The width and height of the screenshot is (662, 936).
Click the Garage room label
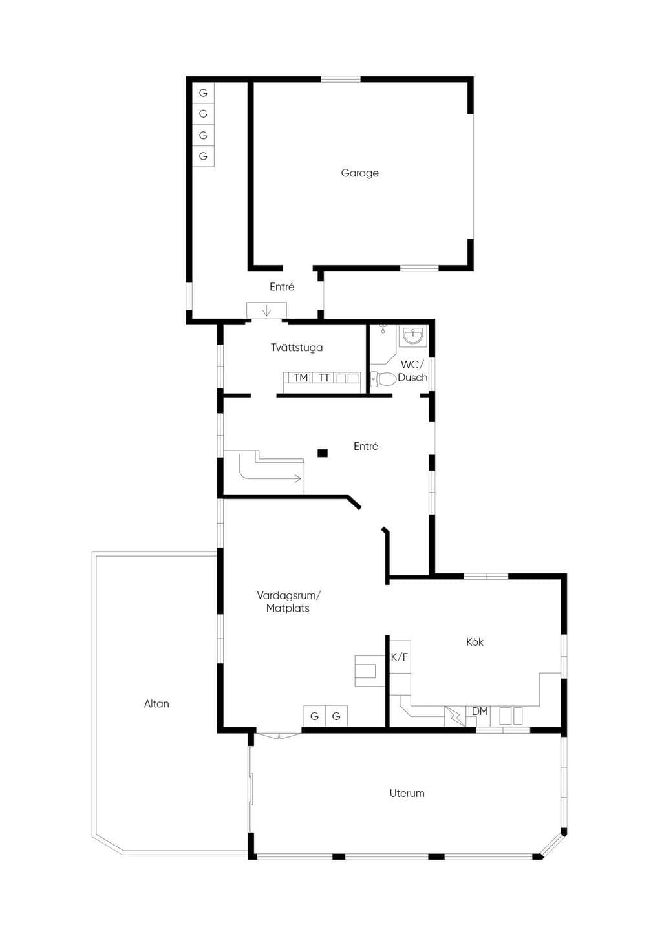pos(359,173)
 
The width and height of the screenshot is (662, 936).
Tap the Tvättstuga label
pos(297,347)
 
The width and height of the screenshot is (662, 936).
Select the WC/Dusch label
pos(412,370)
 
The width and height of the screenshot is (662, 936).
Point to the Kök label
pos(475,641)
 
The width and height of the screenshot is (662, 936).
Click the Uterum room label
pos(407,793)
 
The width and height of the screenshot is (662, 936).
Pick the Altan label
pos(156,704)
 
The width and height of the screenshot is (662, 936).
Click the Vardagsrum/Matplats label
pos(288,601)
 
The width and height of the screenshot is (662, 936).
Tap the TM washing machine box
pos(301,378)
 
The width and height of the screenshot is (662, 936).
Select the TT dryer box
pos(324,378)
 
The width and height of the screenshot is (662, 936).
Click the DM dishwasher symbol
pos(480,711)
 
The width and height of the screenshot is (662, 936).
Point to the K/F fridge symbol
pos(400,657)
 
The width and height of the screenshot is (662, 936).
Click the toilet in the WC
pos(383,379)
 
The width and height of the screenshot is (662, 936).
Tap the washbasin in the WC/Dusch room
pos(412,336)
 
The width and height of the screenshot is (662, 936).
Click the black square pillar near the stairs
pos(323,453)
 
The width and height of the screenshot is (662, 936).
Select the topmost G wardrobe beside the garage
pos(203,93)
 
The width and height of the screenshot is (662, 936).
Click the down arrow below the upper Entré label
pos(266,311)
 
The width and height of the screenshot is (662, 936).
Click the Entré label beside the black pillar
pos(366,446)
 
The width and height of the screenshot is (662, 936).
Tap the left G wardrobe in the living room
pos(315,716)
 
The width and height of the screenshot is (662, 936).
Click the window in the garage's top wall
pos(340,79)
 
